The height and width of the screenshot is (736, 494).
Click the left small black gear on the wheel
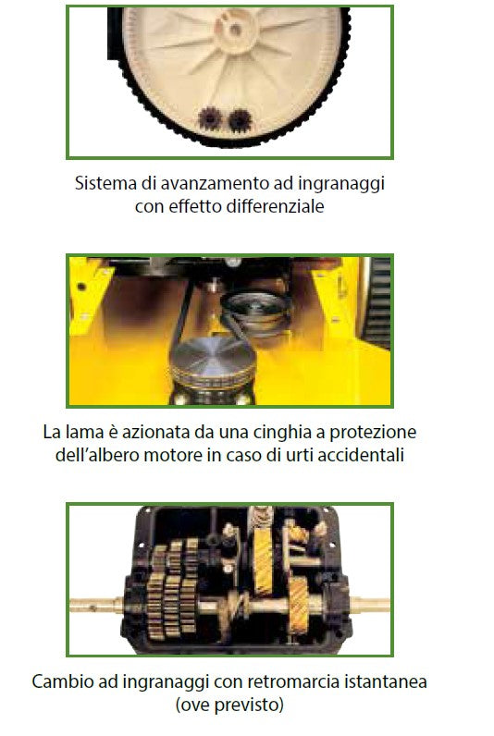209,118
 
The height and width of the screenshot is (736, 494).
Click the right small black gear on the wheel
240,119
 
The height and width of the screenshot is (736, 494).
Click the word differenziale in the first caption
275,206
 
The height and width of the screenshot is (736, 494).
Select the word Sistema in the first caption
105,182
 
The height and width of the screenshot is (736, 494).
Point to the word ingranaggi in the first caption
341,183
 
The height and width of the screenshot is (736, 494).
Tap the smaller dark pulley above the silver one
256,310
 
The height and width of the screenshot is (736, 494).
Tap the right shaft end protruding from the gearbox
369,605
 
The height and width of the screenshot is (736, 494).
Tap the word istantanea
386,681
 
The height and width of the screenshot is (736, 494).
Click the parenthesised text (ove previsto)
229,705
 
